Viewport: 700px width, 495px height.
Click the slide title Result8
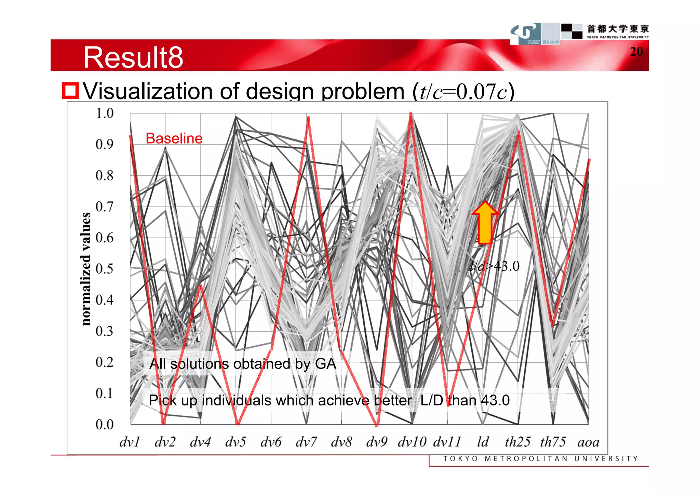point(133,57)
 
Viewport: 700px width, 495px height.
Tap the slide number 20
point(636,52)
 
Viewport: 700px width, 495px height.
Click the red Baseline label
point(174,138)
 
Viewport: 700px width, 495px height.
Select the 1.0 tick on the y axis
point(104,113)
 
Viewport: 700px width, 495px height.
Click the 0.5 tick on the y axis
point(104,269)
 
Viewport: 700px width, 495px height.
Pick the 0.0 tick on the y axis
point(104,424)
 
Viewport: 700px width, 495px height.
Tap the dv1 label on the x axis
point(130,442)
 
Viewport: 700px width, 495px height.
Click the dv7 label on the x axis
point(306,442)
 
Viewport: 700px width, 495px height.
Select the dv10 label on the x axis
point(412,442)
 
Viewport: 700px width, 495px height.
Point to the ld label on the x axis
point(483,442)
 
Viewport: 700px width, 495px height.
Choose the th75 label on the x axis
point(553,442)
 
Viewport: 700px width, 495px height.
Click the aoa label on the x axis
point(588,442)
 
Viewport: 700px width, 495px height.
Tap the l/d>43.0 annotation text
point(495,266)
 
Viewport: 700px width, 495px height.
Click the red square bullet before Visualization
point(70,91)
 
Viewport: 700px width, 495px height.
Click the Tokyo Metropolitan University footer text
point(540,458)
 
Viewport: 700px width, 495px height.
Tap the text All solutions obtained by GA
point(243,364)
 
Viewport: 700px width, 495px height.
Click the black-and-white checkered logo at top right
point(571,31)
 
